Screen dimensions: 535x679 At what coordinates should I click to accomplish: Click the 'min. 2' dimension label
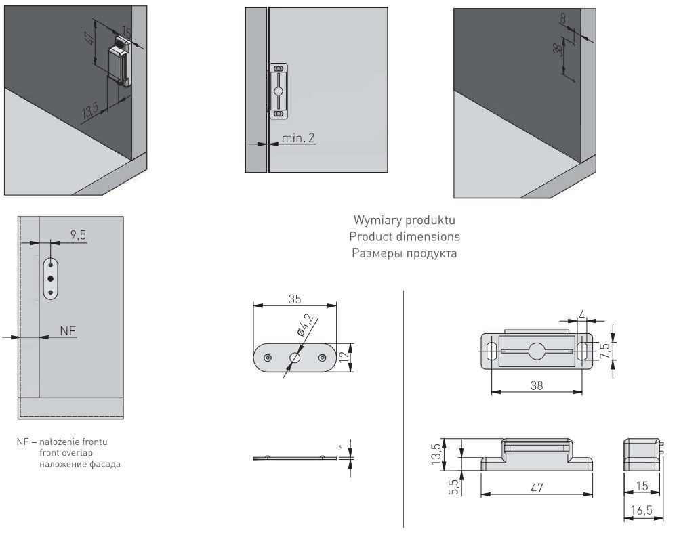[x=298, y=137]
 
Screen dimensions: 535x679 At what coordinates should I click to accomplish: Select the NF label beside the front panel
[x=67, y=330]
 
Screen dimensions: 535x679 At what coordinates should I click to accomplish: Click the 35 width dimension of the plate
[x=293, y=298]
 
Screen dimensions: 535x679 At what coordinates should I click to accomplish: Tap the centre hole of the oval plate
[x=295, y=357]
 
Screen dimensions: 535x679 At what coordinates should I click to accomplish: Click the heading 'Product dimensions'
[x=405, y=237]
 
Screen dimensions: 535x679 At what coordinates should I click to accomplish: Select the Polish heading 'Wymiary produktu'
[x=405, y=221]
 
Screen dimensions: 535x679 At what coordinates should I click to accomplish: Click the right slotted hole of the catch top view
[x=582, y=350]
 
